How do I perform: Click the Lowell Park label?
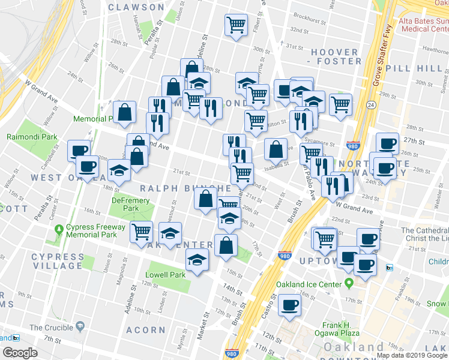point(165,275)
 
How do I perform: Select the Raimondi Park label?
point(32,137)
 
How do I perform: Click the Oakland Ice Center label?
point(308,284)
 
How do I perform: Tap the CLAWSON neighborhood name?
point(136,7)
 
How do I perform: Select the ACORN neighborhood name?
point(146,330)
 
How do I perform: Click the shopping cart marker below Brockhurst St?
point(237,25)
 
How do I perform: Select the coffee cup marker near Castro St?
point(290,304)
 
